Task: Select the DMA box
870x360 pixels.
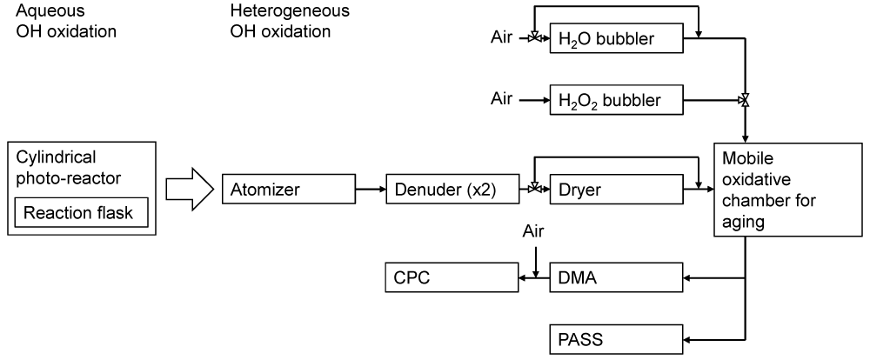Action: (x=615, y=279)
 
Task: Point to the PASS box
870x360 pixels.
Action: (x=615, y=338)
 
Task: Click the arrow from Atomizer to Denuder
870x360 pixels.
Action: (x=371, y=188)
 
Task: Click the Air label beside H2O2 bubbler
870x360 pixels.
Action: (x=502, y=99)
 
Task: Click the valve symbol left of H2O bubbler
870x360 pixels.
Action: (x=534, y=39)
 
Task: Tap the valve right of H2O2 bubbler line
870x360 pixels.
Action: (x=744, y=100)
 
